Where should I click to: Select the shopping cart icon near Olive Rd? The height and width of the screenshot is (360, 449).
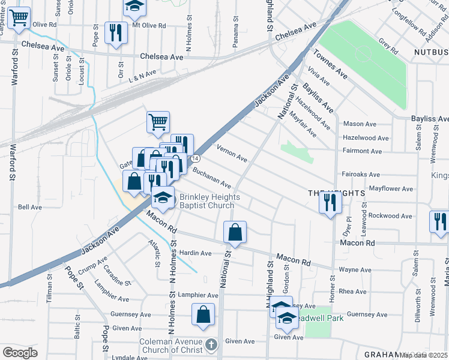click(19, 19)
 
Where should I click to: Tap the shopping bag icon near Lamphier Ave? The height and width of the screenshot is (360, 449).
click(203, 314)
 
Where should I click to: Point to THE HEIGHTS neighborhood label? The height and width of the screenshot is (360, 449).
click(336, 193)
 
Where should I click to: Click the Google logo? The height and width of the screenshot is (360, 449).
click(20, 352)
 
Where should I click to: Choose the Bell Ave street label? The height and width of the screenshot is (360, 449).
click(30, 207)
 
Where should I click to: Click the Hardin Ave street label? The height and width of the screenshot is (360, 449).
click(197, 253)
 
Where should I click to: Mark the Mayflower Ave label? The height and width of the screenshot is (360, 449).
click(391, 188)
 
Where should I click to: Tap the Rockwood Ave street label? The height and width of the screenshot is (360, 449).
click(390, 215)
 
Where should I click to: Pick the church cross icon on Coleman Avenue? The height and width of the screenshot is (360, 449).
click(210, 345)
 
